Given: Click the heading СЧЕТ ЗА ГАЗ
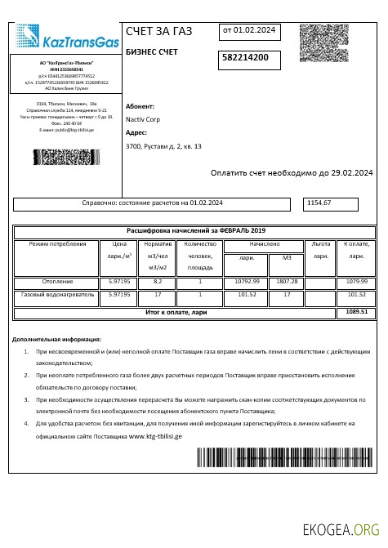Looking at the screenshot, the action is pyautogui.click(x=159, y=32).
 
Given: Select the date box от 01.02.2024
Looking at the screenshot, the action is pyautogui.click(x=248, y=31).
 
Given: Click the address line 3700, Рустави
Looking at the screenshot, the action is pyautogui.click(x=163, y=146).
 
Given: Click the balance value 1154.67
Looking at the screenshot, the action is pyautogui.click(x=318, y=203).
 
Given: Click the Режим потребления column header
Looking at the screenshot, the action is pyautogui.click(x=57, y=243).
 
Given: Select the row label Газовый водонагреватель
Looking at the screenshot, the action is pyautogui.click(x=57, y=293).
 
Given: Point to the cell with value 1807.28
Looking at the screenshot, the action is pyautogui.click(x=287, y=281).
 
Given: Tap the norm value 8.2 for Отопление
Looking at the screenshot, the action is pyautogui.click(x=158, y=281).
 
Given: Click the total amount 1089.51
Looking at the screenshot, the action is pyautogui.click(x=357, y=311).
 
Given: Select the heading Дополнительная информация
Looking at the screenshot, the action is pyautogui.click(x=57, y=338).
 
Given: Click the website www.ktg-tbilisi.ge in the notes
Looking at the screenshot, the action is pyautogui.click(x=155, y=436).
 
